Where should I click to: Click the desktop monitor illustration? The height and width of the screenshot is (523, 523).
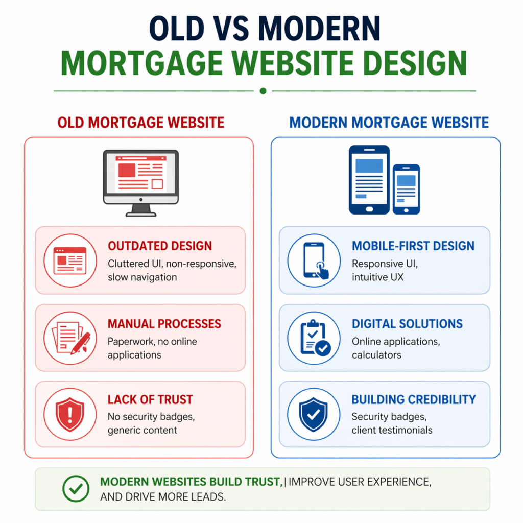point(141,181)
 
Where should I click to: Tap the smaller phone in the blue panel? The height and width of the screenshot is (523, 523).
point(406,188)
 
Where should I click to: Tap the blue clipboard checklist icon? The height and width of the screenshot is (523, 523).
point(314,338)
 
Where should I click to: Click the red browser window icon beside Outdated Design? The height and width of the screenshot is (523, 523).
point(70,260)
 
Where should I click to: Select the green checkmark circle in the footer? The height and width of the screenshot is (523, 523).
point(76,489)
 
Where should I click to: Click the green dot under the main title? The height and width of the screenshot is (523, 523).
point(263,91)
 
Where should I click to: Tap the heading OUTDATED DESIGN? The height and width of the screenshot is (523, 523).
point(159,246)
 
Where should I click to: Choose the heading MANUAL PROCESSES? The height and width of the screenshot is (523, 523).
point(164,324)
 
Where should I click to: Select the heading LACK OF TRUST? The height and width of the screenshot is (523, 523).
point(150,400)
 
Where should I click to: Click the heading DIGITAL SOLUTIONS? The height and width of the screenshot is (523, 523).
point(407,324)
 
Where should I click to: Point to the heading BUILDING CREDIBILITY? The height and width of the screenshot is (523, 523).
point(414,400)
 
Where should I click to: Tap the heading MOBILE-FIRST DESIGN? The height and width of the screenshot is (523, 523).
point(413,246)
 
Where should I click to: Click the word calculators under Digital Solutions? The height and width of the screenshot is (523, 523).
point(376,354)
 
